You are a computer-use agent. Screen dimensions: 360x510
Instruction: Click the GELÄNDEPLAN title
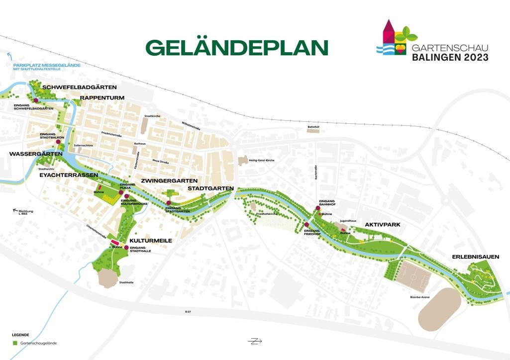point(237,47)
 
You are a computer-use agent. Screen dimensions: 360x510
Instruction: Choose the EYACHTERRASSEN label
point(69,176)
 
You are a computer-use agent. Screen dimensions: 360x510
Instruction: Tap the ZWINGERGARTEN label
point(169,180)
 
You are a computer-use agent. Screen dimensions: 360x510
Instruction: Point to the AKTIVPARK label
point(383,225)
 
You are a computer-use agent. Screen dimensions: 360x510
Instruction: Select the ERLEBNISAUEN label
point(474,257)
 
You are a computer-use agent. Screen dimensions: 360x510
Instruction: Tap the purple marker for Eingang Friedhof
point(307,225)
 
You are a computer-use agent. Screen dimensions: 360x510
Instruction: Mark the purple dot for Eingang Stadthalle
point(126,248)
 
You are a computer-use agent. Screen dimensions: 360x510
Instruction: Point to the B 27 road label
point(188,312)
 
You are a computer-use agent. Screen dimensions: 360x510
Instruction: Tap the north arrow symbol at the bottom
point(255,341)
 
